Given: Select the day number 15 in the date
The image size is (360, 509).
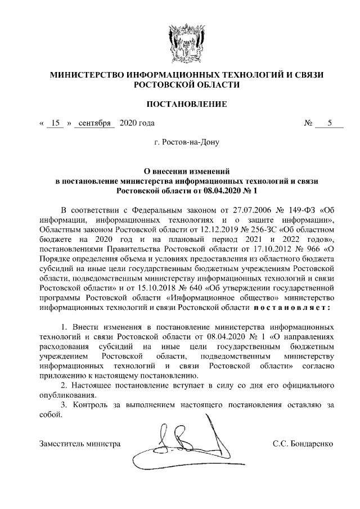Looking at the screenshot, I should [x=55, y=123].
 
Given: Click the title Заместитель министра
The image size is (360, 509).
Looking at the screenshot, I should [x=80, y=444].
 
